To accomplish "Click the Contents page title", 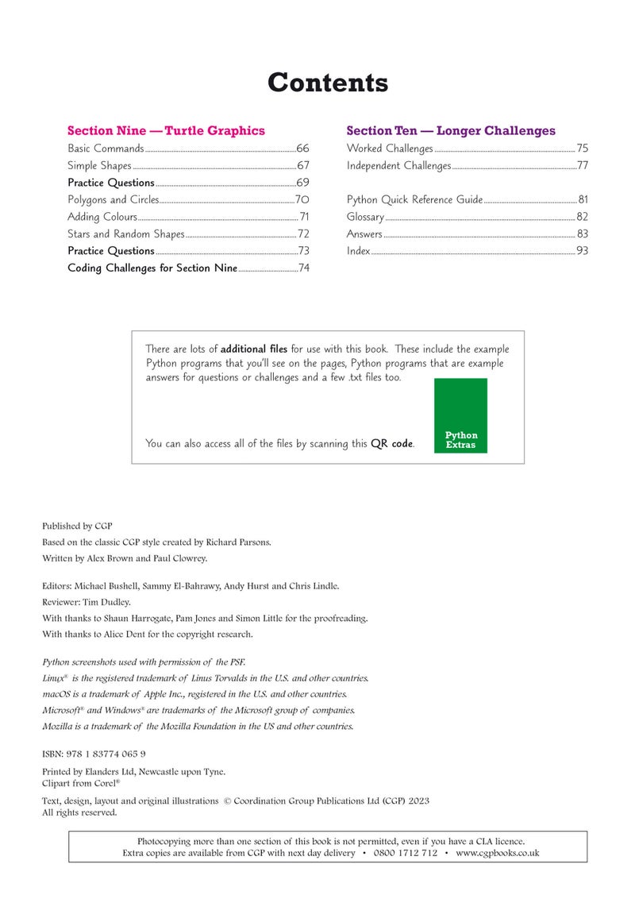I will [x=327, y=83].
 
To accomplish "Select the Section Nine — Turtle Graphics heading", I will [x=166, y=130].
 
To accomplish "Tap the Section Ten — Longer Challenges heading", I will [x=451, y=130].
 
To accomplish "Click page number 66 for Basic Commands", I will [x=302, y=149].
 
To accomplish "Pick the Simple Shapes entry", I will [x=99, y=166].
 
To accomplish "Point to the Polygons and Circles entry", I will [x=113, y=200].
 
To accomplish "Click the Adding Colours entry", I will [x=102, y=217].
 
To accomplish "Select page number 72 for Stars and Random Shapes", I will [x=303, y=234].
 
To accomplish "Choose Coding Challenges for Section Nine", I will [x=152, y=268].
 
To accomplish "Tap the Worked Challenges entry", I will [x=390, y=149].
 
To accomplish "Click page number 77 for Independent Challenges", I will [x=583, y=166].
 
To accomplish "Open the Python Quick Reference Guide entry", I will [x=414, y=200].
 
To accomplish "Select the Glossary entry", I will [x=365, y=217].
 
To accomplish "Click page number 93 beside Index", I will [x=583, y=251].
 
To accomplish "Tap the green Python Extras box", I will [x=460, y=415].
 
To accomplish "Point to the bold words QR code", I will [x=391, y=444].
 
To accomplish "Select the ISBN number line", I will [x=94, y=754].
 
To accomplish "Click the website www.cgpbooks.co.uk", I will [x=498, y=853].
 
